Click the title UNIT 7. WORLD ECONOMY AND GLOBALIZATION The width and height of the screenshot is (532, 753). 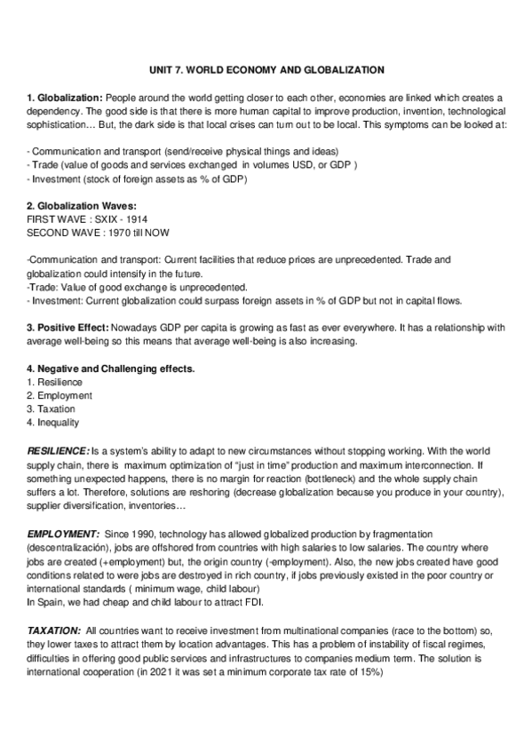click(x=266, y=68)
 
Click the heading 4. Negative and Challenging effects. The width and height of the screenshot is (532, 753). click(x=111, y=368)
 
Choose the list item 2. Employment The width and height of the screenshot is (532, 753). click(x=59, y=394)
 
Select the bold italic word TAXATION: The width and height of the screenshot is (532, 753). click(x=55, y=630)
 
